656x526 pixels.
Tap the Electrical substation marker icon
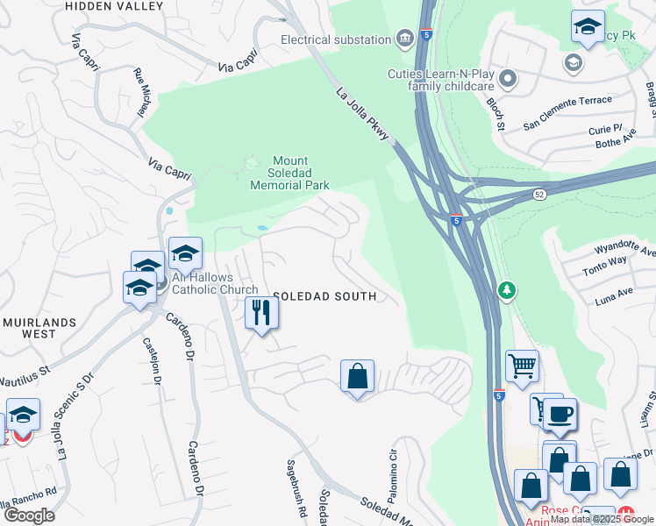pyautogui.click(x=405, y=38)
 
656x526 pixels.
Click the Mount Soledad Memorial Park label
pyautogui.click(x=289, y=173)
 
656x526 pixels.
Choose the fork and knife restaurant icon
pyautogui.click(x=261, y=313)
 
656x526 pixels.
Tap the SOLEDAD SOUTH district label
pyautogui.click(x=324, y=296)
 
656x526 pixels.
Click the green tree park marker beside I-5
pyautogui.click(x=507, y=289)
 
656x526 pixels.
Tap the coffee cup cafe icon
pyautogui.click(x=560, y=414)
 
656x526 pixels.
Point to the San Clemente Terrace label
pyautogui.click(x=567, y=101)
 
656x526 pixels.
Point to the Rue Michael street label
pyautogui.click(x=139, y=95)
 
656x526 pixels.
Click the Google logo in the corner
pyautogui.click(x=29, y=515)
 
